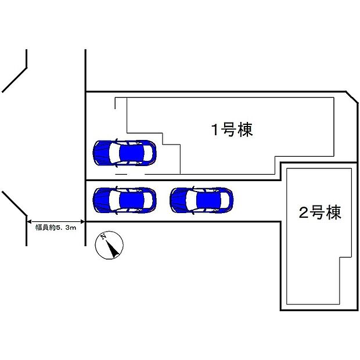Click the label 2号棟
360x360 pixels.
tap(319, 213)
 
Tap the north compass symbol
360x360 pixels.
tap(109, 245)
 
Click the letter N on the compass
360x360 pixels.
tap(103, 237)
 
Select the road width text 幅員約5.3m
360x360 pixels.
tap(56, 229)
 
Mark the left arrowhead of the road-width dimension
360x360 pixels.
tap(30, 221)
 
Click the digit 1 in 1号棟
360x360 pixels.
tap(214, 130)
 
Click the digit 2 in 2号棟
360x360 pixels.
tap(303, 213)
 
